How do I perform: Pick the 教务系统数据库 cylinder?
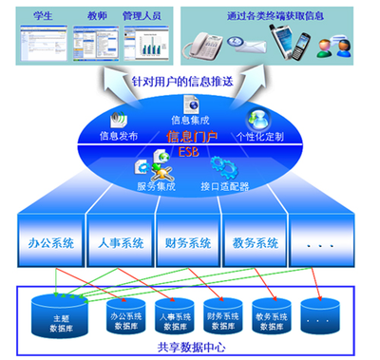[275, 314]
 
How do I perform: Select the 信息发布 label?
[119, 136]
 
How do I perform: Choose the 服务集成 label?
[155, 188]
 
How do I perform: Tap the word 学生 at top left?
[41, 14]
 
